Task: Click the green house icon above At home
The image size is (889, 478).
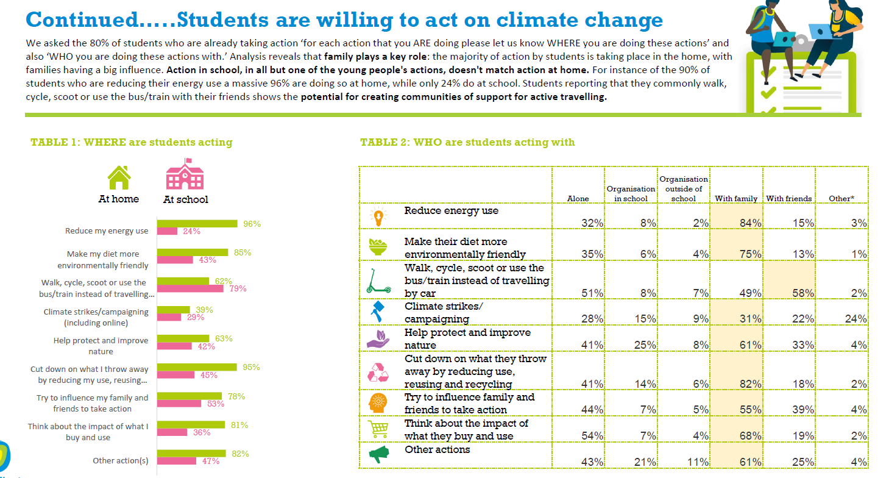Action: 119,177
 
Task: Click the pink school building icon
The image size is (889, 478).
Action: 185,175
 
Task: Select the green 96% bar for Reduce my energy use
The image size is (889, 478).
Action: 197,224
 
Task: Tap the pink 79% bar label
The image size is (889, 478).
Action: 238,288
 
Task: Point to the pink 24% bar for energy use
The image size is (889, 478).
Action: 168,231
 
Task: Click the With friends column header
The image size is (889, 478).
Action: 789,198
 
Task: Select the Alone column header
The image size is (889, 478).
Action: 578,198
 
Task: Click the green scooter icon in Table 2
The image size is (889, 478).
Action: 377,280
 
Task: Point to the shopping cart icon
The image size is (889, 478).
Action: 378,429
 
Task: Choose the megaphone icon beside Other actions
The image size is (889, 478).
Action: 378,454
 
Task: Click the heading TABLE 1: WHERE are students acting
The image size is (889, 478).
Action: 132,142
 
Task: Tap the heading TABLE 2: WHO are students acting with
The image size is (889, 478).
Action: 467,142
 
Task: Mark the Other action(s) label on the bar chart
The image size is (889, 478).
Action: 120,461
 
